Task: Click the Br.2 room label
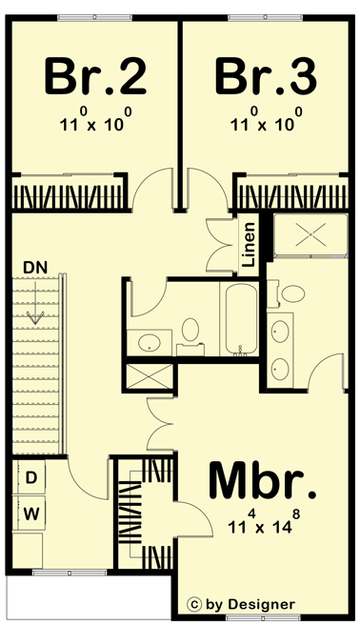[x=95, y=76]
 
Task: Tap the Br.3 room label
[x=264, y=76]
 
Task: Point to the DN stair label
[x=34, y=267]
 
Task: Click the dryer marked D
[x=31, y=476]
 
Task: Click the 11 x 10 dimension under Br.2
[x=95, y=123]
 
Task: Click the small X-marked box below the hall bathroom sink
[x=149, y=373]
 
